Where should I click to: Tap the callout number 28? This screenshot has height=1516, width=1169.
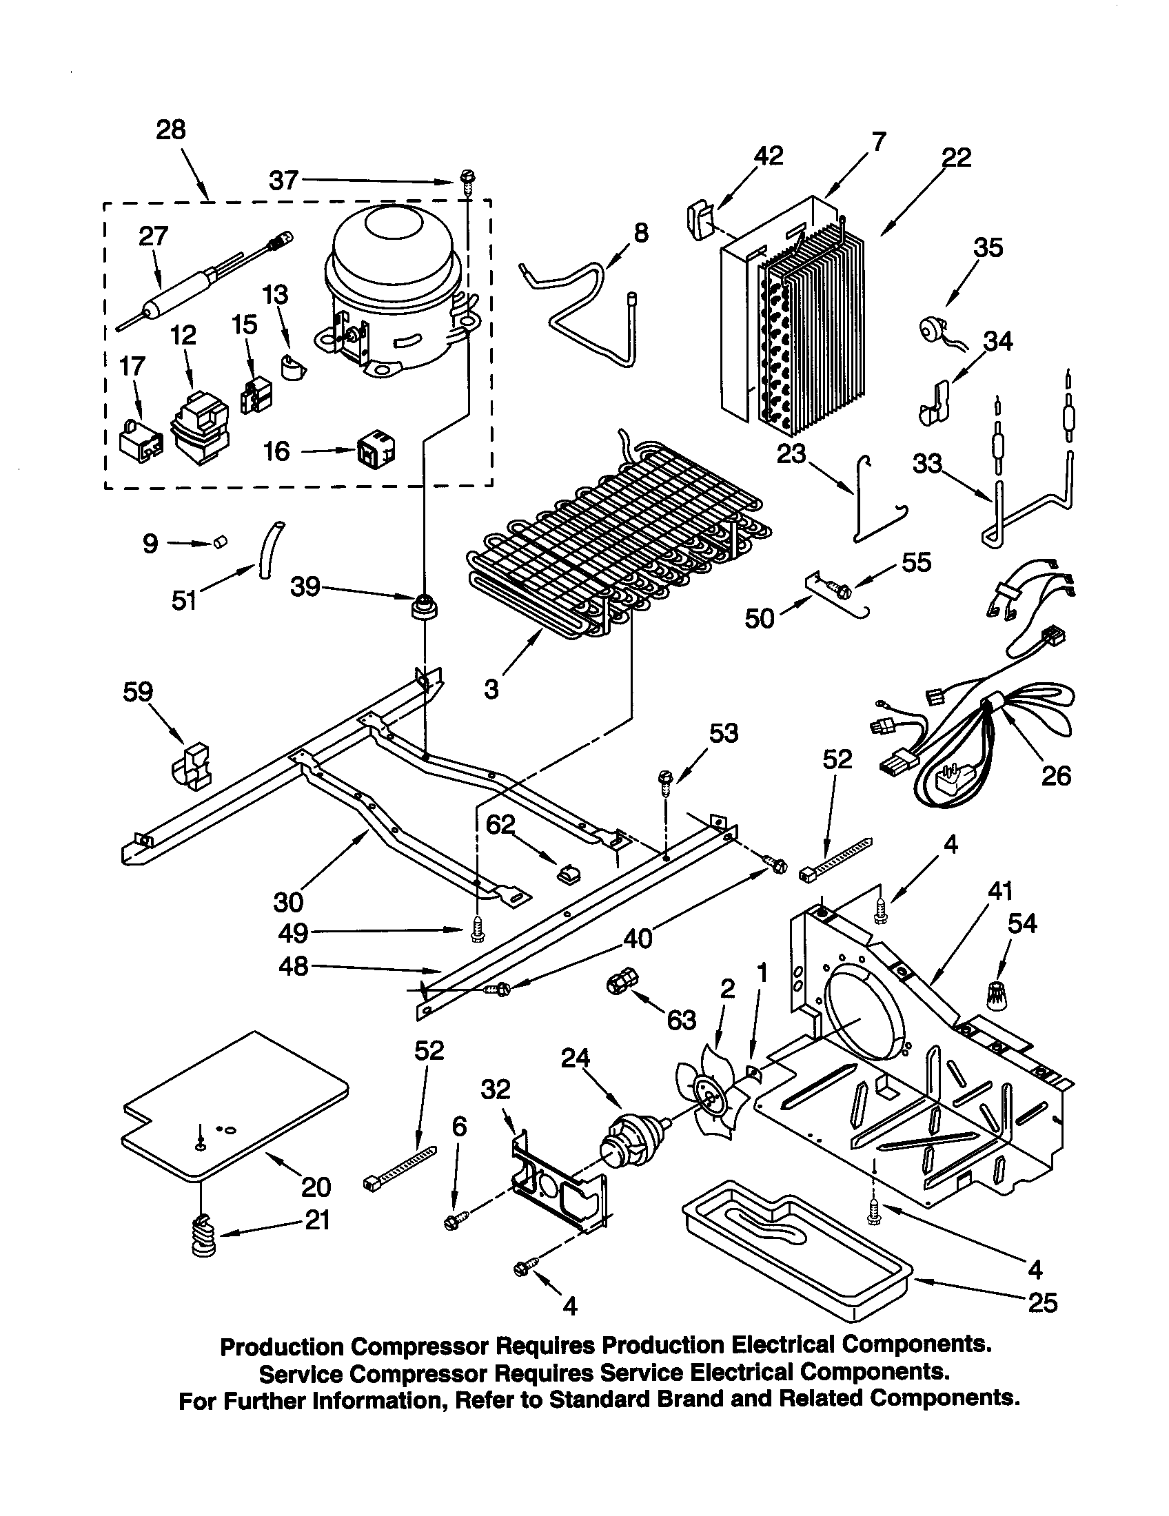point(172,130)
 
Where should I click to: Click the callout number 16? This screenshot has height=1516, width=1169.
point(276,451)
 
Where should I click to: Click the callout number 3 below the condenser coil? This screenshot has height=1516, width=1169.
point(491,689)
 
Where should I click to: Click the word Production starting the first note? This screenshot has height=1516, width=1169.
point(281,1346)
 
